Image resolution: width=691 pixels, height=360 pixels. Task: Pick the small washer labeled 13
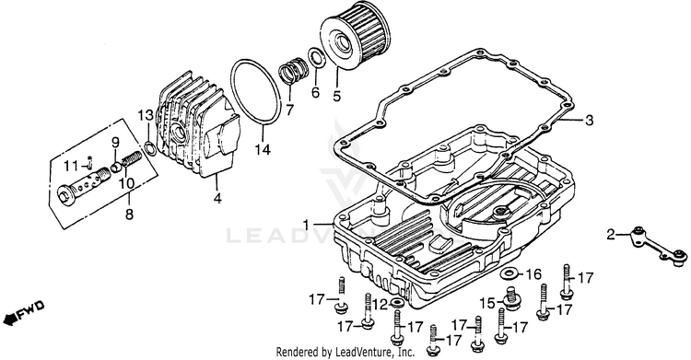[x=150, y=147]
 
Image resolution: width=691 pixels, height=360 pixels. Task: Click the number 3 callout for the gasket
[x=589, y=121]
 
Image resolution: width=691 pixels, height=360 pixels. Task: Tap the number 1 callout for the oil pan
[x=306, y=225]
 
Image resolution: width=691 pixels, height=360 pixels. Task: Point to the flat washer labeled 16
[x=509, y=273]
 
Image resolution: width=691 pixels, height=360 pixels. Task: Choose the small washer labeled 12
[x=397, y=303]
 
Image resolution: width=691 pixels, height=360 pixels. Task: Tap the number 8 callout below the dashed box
[x=129, y=215]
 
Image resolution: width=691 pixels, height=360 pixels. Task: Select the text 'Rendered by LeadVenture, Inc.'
[x=345, y=352]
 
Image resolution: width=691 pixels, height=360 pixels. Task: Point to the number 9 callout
[x=115, y=143]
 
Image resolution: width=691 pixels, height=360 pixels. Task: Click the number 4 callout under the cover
[x=217, y=199]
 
